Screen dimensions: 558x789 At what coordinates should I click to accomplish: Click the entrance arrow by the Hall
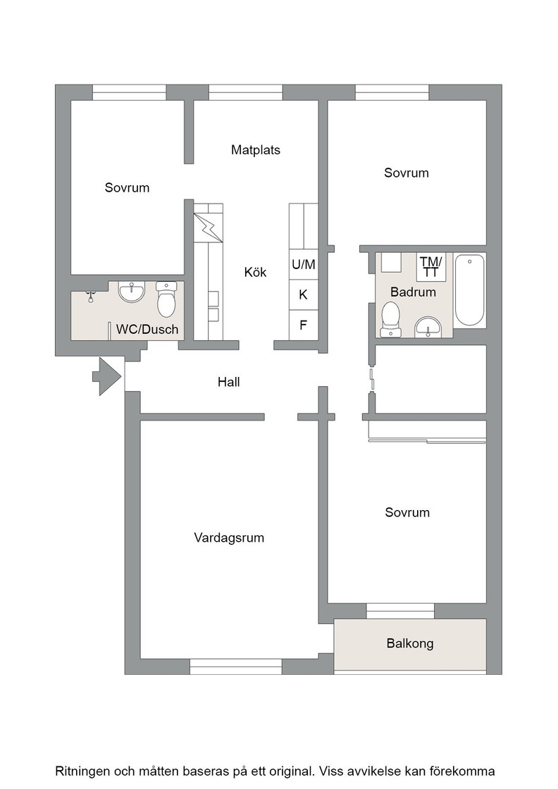(x=107, y=376)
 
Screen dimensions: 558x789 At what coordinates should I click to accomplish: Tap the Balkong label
(x=410, y=643)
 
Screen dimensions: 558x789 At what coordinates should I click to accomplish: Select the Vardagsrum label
(x=229, y=538)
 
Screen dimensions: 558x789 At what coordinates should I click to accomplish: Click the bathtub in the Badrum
(x=470, y=290)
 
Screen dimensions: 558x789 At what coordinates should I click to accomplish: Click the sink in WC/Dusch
(x=131, y=292)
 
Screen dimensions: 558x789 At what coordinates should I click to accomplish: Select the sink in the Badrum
(x=428, y=327)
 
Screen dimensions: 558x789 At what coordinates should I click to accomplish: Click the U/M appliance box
(x=304, y=264)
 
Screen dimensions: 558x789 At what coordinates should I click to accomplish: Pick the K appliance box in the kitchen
(x=304, y=294)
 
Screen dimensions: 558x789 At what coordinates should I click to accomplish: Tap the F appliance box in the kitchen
(x=304, y=325)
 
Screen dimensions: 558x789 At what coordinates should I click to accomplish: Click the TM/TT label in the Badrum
(x=431, y=267)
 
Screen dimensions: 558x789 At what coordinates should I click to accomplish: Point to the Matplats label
(x=256, y=150)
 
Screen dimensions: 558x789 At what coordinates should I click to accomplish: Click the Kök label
(x=255, y=272)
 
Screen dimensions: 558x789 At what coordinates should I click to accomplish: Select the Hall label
(x=228, y=382)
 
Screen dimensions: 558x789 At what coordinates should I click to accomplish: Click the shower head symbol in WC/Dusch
(x=91, y=296)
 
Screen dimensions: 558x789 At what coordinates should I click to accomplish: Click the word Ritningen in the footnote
(x=83, y=771)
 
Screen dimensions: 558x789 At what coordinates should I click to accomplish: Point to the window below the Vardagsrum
(x=236, y=666)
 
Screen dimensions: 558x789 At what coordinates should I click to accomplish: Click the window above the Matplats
(x=246, y=92)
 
